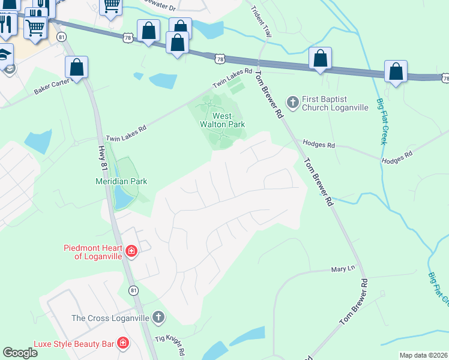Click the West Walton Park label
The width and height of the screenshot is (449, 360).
215,119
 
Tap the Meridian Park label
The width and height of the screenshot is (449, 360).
121,181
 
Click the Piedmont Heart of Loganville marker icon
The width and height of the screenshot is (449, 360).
131,251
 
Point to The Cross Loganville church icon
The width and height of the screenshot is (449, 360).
158,317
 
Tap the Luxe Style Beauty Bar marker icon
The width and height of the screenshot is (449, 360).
123,343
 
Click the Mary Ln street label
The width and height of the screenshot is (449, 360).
343,269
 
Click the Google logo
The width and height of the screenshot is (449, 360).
20,353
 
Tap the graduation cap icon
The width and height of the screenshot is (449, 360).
5,53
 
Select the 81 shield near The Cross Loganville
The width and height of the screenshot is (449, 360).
133,290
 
